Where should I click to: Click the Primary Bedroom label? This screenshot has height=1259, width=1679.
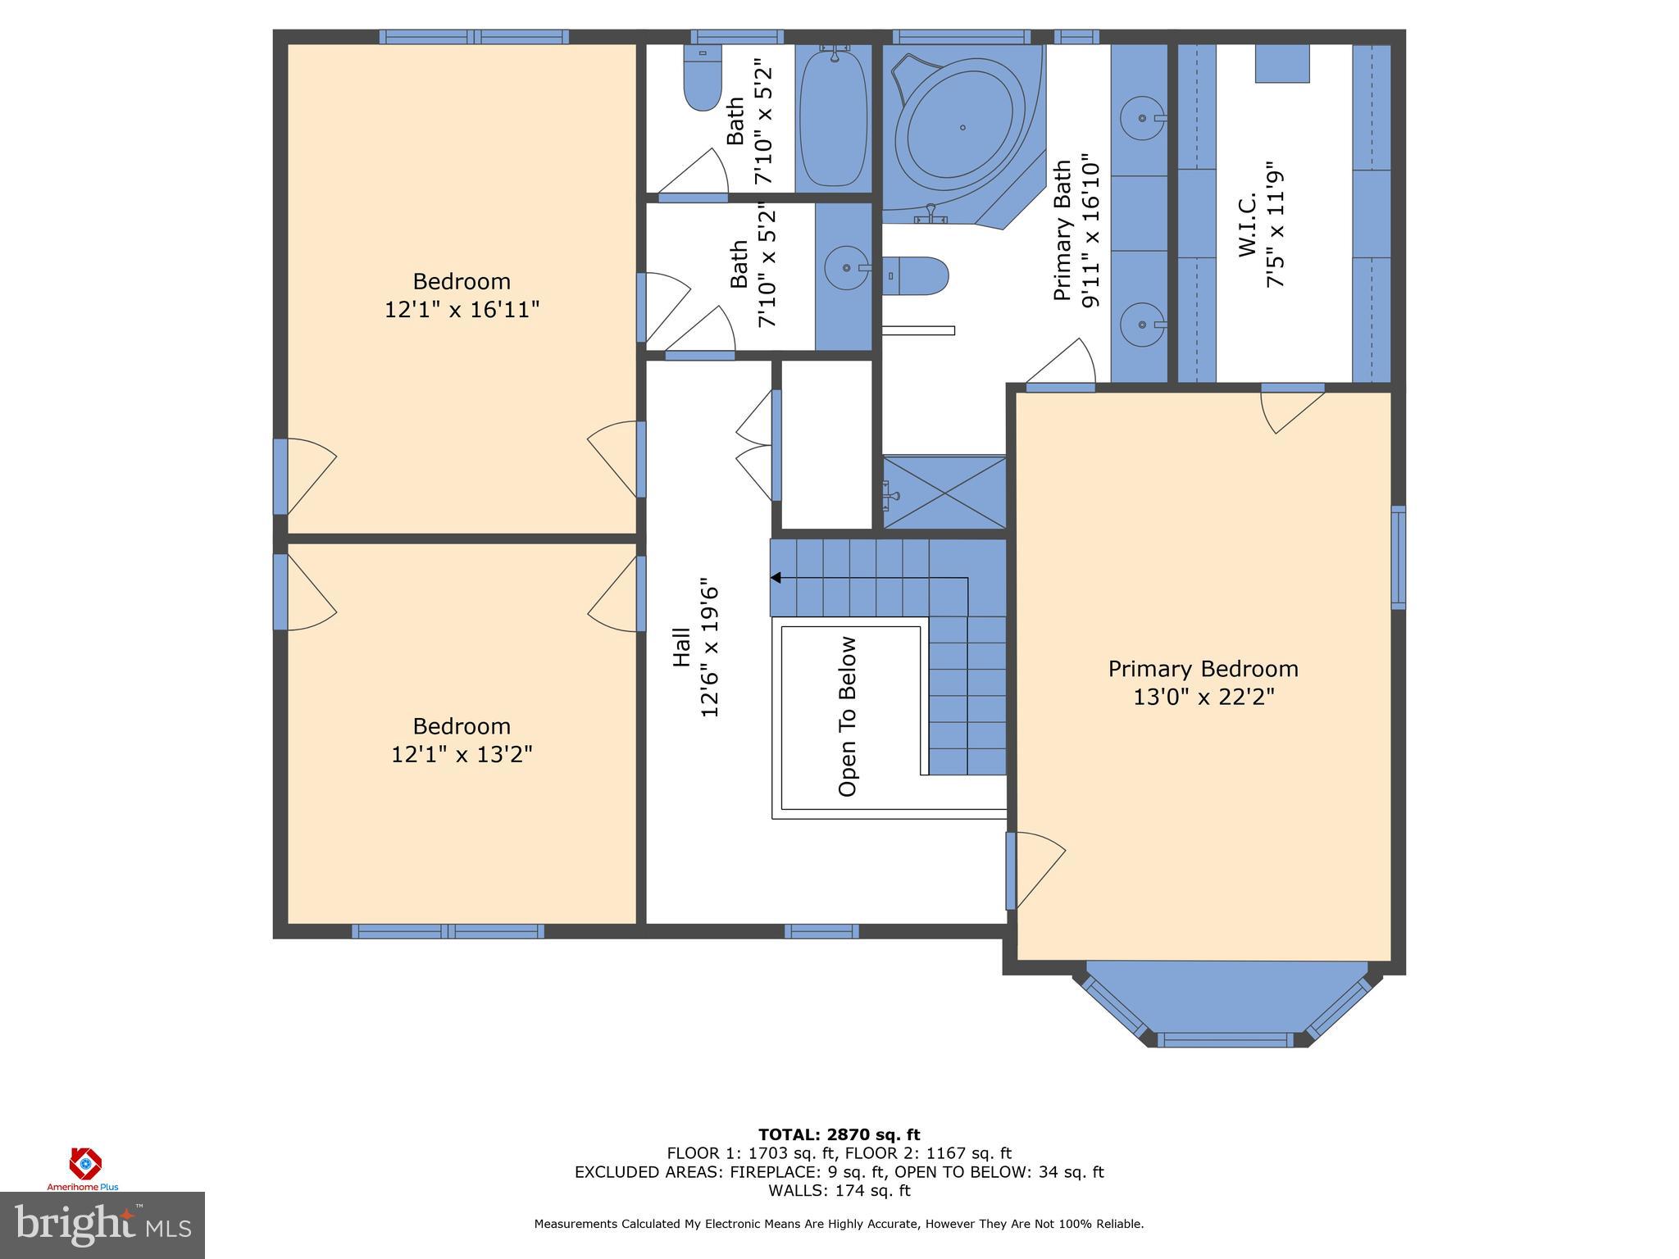(x=1203, y=669)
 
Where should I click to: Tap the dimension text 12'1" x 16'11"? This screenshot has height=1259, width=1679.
(x=462, y=310)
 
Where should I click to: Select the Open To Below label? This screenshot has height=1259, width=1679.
(x=847, y=716)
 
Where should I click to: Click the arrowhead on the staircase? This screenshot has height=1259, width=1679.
(x=776, y=579)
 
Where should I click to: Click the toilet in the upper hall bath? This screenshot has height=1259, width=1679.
(x=702, y=82)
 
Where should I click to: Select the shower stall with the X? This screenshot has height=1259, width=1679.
(x=944, y=493)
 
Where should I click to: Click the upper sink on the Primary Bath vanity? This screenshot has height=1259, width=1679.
(x=1142, y=118)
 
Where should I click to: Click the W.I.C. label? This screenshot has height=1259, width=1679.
(x=1247, y=226)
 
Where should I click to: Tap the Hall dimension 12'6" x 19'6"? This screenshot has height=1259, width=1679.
(x=710, y=652)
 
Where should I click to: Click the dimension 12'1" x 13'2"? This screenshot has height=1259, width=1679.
(x=462, y=754)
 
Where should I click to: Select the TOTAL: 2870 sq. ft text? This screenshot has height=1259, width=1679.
(x=839, y=1135)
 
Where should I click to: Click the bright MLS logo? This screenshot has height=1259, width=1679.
(x=102, y=1225)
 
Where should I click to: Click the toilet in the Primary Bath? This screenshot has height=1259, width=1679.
(x=917, y=275)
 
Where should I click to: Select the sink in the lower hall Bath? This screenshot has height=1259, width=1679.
(x=846, y=267)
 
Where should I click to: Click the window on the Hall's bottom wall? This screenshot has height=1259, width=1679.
(x=821, y=931)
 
